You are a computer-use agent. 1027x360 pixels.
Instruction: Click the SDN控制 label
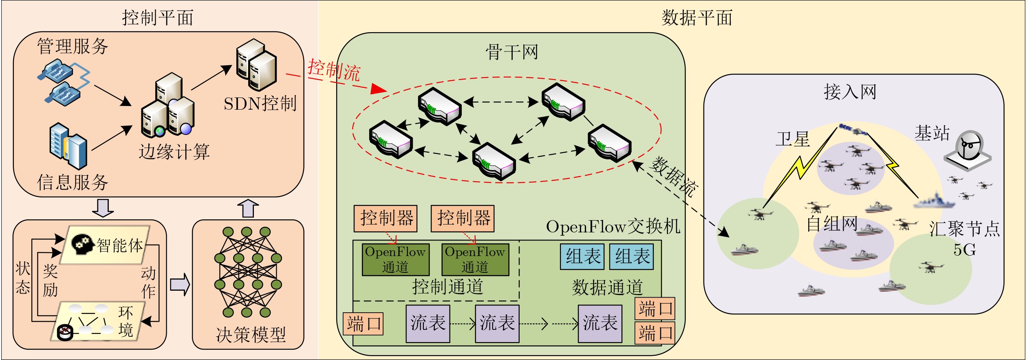tap(260, 104)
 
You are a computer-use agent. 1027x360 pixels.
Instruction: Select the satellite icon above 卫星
tap(853, 130)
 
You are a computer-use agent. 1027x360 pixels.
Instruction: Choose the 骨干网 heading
tap(511, 52)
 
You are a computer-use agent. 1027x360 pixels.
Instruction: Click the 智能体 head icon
tap(83, 244)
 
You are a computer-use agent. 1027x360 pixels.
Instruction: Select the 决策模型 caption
tap(251, 334)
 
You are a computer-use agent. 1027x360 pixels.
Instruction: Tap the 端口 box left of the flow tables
tap(363, 324)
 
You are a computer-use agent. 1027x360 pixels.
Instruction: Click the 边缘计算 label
tap(174, 152)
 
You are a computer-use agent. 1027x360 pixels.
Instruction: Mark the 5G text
tap(965, 249)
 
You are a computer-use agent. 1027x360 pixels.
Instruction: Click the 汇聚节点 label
tap(965, 229)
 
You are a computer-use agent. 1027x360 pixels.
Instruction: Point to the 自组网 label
tap(832, 224)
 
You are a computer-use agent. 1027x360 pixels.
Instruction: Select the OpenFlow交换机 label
tap(613, 227)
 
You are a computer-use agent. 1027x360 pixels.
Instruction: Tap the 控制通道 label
tap(447, 287)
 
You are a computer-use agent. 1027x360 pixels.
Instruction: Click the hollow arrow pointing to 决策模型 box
tap(180, 284)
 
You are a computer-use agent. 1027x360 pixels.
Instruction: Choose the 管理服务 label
tap(73, 46)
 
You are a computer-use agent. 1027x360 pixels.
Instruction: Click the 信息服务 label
tap(73, 182)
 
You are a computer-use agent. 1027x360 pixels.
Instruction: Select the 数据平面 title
tap(697, 18)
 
